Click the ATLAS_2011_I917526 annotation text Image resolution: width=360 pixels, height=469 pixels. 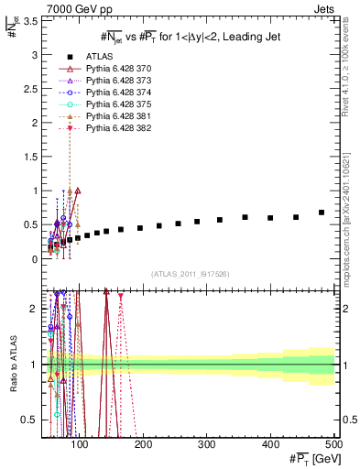point(190,274)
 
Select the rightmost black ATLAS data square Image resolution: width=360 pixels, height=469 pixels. point(322,213)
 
